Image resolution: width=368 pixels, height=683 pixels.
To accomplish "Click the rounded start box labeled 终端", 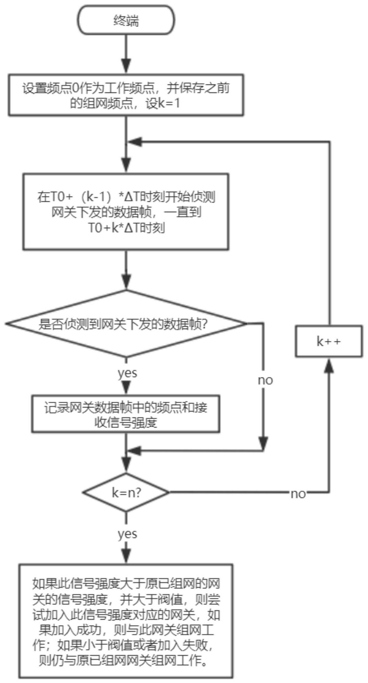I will coord(126,20).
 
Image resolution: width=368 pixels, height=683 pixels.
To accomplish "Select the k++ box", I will coord(329,341).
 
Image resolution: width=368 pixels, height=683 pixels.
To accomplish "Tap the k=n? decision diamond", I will coord(126,492).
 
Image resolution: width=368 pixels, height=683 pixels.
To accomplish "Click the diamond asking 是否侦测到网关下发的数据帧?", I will coord(126,323).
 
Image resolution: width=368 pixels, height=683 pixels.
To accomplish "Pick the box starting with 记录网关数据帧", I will coord(126,414).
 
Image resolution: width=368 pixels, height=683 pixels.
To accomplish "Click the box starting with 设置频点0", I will coord(126,95).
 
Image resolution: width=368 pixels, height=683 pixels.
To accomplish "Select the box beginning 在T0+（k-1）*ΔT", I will coord(126,211).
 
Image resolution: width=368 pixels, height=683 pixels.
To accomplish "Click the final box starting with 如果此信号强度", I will coord(126,621).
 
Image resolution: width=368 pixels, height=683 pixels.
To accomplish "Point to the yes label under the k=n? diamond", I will coord(127,534).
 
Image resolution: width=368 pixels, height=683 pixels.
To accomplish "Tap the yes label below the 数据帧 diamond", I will coord(127,373).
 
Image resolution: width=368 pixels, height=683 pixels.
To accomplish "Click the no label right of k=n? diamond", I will coord(298,494).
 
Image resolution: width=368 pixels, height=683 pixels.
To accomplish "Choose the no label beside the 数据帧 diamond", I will coord(265,380).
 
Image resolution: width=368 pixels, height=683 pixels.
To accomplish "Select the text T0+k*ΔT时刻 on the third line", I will coord(126,228).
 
